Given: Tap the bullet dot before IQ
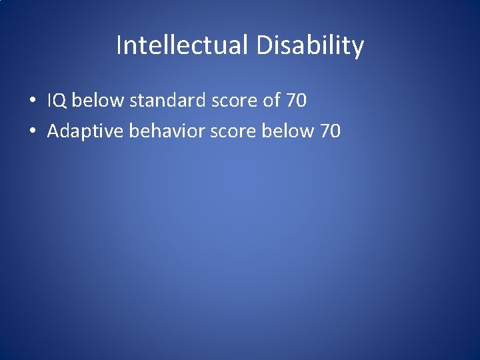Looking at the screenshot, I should click(x=32, y=102).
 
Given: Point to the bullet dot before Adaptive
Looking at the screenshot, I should click(x=32, y=132).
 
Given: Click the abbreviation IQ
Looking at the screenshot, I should click(x=57, y=101).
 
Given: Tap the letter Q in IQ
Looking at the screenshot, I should click(x=61, y=101).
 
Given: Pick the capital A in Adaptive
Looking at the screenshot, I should click(x=53, y=131).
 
